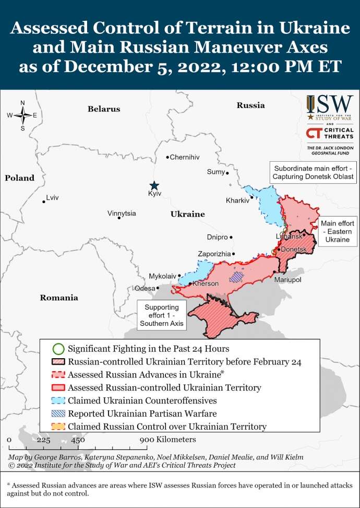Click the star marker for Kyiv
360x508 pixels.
coord(154,185)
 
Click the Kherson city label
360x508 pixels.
coord(205,284)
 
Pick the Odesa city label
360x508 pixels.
coord(145,288)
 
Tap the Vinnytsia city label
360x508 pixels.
coord(122,214)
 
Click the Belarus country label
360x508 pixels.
coord(104,109)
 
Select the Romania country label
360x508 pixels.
coord(59,298)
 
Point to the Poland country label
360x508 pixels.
coord(20,178)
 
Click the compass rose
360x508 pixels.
coord(22,115)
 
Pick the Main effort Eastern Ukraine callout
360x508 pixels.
coord(338,231)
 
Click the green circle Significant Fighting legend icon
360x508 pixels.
coord(59,348)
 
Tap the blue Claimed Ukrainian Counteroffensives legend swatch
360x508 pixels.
coord(59,400)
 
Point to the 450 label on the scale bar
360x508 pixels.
coord(78,440)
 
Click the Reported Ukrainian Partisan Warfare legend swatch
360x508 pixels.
coord(59,414)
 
